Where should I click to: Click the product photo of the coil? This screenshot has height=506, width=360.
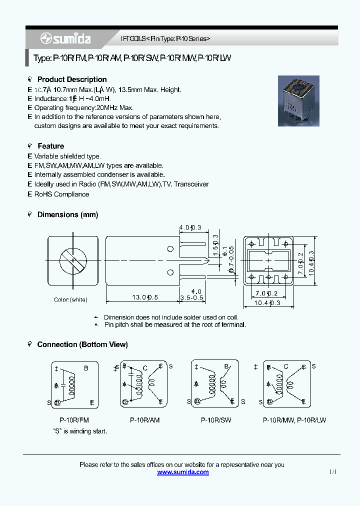(298, 101)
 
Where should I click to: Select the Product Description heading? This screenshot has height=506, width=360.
(71, 79)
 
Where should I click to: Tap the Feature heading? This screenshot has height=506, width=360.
(50, 146)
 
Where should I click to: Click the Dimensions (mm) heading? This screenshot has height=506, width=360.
(67, 214)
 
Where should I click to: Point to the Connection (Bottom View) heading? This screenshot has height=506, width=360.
(82, 344)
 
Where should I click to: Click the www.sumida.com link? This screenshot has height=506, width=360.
(183, 472)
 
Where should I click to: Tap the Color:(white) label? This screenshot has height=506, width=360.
(70, 299)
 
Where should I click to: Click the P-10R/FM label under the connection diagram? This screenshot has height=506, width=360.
(74, 420)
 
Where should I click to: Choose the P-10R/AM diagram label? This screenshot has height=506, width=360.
(144, 420)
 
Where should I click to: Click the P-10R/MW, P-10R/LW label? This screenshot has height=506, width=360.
(294, 420)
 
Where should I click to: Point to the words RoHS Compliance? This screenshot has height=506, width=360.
(61, 194)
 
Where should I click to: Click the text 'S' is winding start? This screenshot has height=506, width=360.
(80, 430)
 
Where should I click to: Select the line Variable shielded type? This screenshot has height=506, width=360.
(67, 156)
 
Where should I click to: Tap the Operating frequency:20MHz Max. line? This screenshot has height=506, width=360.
(83, 107)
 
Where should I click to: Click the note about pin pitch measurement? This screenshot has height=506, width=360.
(174, 324)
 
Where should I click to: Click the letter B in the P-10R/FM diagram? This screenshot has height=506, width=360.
(86, 368)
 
